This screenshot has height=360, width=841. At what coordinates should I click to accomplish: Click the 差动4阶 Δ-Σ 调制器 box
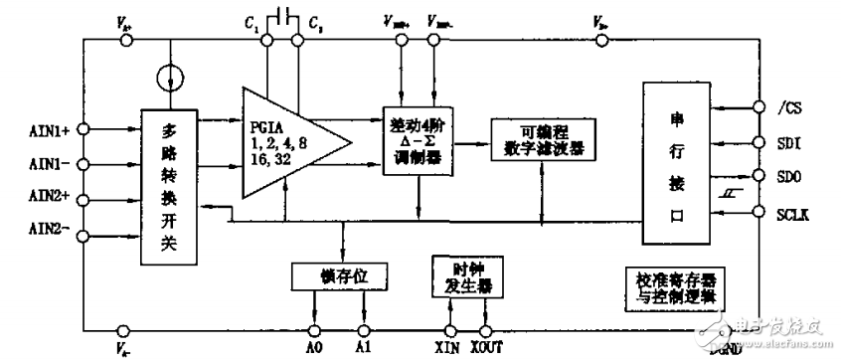(417, 140)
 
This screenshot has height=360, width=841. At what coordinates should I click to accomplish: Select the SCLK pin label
(787, 212)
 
